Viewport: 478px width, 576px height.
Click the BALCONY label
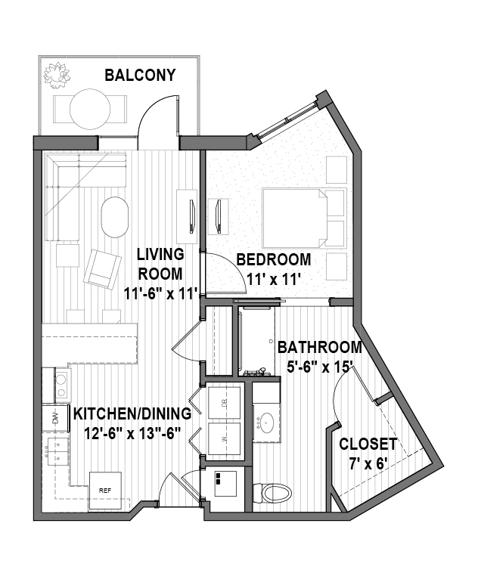(140, 75)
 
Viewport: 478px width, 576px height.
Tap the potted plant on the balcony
(57, 76)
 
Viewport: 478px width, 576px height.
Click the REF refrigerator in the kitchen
(105, 491)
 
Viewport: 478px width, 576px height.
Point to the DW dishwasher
(55, 418)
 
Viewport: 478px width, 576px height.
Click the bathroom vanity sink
(266, 423)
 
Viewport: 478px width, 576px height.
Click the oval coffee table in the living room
(115, 218)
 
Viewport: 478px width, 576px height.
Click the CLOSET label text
(368, 444)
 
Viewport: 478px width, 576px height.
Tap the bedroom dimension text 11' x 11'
(272, 280)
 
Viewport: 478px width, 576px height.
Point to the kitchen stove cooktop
(62, 386)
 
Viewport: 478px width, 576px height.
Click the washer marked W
(225, 438)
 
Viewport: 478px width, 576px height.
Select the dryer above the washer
(225, 403)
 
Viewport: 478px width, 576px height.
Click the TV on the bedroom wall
(218, 216)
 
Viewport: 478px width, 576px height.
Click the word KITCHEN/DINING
(132, 413)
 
